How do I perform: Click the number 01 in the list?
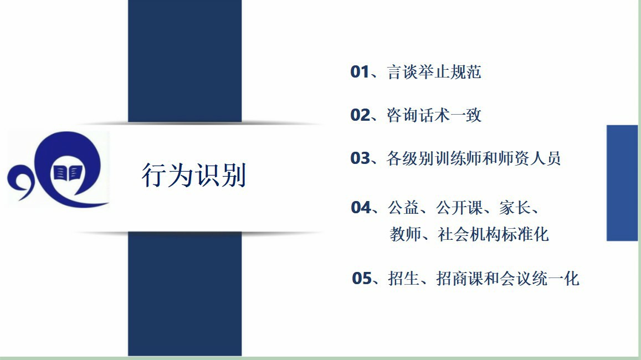tap(360, 72)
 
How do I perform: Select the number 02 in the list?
tap(360, 115)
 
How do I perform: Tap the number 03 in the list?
tap(360, 158)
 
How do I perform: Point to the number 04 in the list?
tap(361, 208)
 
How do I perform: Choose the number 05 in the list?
tap(361, 279)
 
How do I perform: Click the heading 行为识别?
tap(194, 176)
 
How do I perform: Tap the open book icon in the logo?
tap(68, 173)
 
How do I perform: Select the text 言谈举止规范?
tap(434, 72)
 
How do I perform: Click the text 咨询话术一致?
tap(434, 115)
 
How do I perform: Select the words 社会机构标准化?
tap(493, 234)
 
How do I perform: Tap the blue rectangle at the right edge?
tap(622, 183)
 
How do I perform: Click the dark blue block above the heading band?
tap(185, 61)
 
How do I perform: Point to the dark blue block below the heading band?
tap(185, 294)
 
